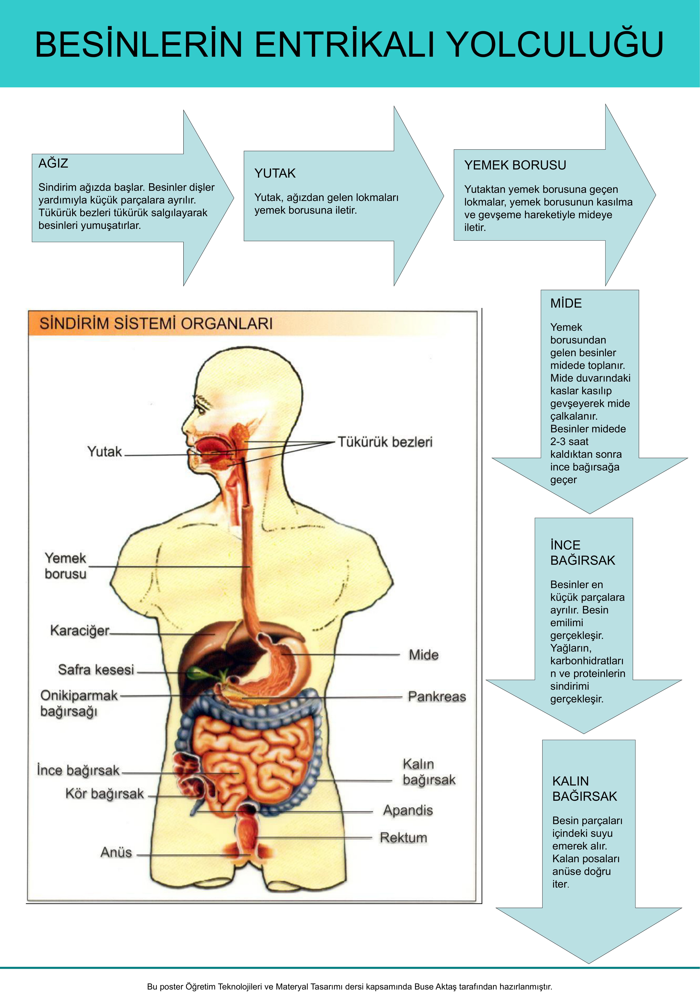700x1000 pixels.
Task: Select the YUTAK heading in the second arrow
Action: click(x=275, y=173)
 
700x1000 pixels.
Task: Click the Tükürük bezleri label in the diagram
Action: click(x=385, y=442)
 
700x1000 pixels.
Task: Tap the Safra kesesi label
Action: click(x=96, y=669)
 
